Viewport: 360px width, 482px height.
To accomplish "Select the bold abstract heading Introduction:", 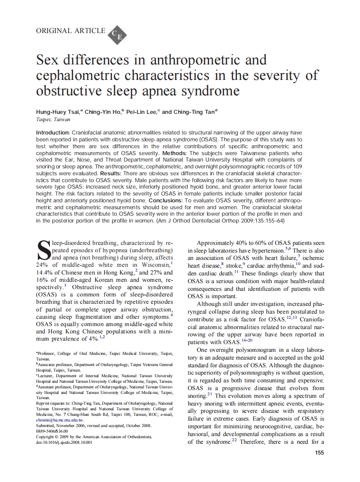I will pos(53,133).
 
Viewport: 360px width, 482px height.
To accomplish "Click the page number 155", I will pos(319,452).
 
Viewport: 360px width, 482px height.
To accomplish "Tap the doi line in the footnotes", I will pos(64,442).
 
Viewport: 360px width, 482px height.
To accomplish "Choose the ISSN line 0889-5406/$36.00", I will pos(52,431).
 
